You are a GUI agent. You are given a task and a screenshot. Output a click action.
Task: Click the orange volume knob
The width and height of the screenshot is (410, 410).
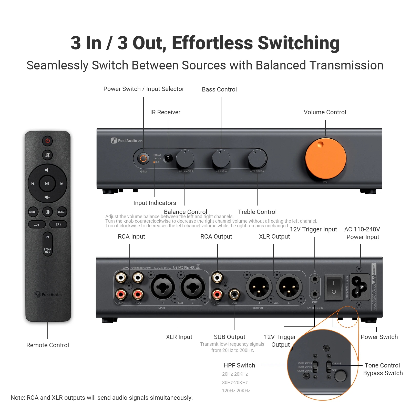[x=325, y=159]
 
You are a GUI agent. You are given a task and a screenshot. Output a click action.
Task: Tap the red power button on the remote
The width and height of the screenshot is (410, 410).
[x=47, y=141]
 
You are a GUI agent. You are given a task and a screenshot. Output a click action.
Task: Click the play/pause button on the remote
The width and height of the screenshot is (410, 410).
[x=47, y=183]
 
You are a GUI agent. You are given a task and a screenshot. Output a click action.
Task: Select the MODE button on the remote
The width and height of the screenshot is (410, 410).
[x=33, y=212]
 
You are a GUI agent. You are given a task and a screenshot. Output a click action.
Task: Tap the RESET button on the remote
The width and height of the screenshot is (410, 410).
[x=62, y=212]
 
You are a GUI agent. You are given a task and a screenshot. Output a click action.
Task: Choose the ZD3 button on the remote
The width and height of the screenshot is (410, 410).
[x=37, y=224]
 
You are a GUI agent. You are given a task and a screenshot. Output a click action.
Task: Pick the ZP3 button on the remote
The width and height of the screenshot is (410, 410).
[x=58, y=224]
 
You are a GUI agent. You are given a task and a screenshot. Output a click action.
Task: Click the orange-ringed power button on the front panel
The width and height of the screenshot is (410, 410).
[x=143, y=159]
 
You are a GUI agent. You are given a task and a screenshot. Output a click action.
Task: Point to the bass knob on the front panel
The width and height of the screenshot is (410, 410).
[x=221, y=159]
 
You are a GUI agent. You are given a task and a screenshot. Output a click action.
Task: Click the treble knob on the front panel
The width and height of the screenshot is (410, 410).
[x=257, y=159]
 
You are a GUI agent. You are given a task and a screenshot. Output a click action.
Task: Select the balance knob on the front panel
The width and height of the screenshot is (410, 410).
[x=185, y=159]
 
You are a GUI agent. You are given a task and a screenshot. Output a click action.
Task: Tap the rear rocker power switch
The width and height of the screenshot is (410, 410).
[x=334, y=287]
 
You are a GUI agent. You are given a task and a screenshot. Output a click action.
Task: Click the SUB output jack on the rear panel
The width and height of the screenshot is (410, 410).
[x=234, y=294]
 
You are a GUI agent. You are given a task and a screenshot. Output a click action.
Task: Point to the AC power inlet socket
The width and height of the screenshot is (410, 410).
[x=359, y=287]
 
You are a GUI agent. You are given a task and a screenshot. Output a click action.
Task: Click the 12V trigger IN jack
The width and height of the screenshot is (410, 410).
[x=315, y=279]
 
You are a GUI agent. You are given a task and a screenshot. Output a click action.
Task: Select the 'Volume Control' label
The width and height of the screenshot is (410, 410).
[x=325, y=112]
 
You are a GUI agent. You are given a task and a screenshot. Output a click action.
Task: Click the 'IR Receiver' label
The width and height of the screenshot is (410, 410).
[x=165, y=112]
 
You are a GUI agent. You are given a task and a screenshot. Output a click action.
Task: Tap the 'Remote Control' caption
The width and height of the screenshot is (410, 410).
[x=48, y=345]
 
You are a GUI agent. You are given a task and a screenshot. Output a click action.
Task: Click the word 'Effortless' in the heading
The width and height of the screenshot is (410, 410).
[x=212, y=43]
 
